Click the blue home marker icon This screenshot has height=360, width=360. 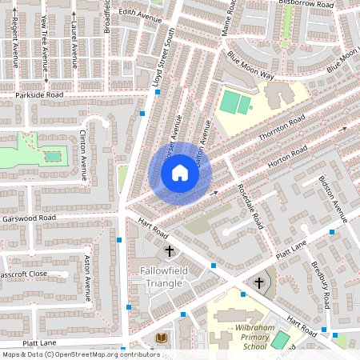point(180,173)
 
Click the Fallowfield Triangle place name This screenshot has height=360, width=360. point(162,278)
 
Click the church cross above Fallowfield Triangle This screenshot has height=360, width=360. point(169,252)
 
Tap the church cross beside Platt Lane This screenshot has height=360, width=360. point(259,282)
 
